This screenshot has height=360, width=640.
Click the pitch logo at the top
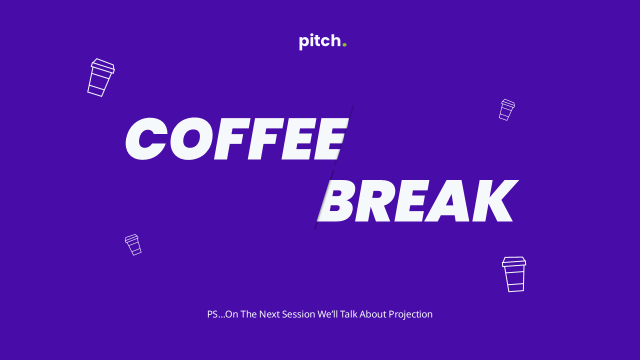click(x=322, y=41)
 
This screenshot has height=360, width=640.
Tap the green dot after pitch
click(x=344, y=44)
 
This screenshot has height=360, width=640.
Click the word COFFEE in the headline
click(x=237, y=139)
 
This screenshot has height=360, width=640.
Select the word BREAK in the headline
click(x=417, y=200)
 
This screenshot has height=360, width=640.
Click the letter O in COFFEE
click(x=192, y=139)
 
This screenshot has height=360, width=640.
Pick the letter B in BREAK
click(x=337, y=200)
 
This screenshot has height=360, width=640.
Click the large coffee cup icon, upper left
click(x=101, y=77)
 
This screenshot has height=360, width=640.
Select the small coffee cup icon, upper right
click(x=507, y=109)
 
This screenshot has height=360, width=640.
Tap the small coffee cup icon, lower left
click(x=133, y=245)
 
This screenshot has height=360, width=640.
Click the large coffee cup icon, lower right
click(x=514, y=274)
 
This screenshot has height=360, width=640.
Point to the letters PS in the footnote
click(x=212, y=314)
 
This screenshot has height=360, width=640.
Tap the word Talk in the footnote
click(x=348, y=314)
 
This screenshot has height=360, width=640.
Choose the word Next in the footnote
click(x=269, y=314)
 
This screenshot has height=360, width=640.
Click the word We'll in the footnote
click(x=327, y=314)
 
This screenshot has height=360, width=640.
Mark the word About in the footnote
click(x=373, y=314)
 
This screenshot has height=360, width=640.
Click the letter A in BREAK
click(x=448, y=200)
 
